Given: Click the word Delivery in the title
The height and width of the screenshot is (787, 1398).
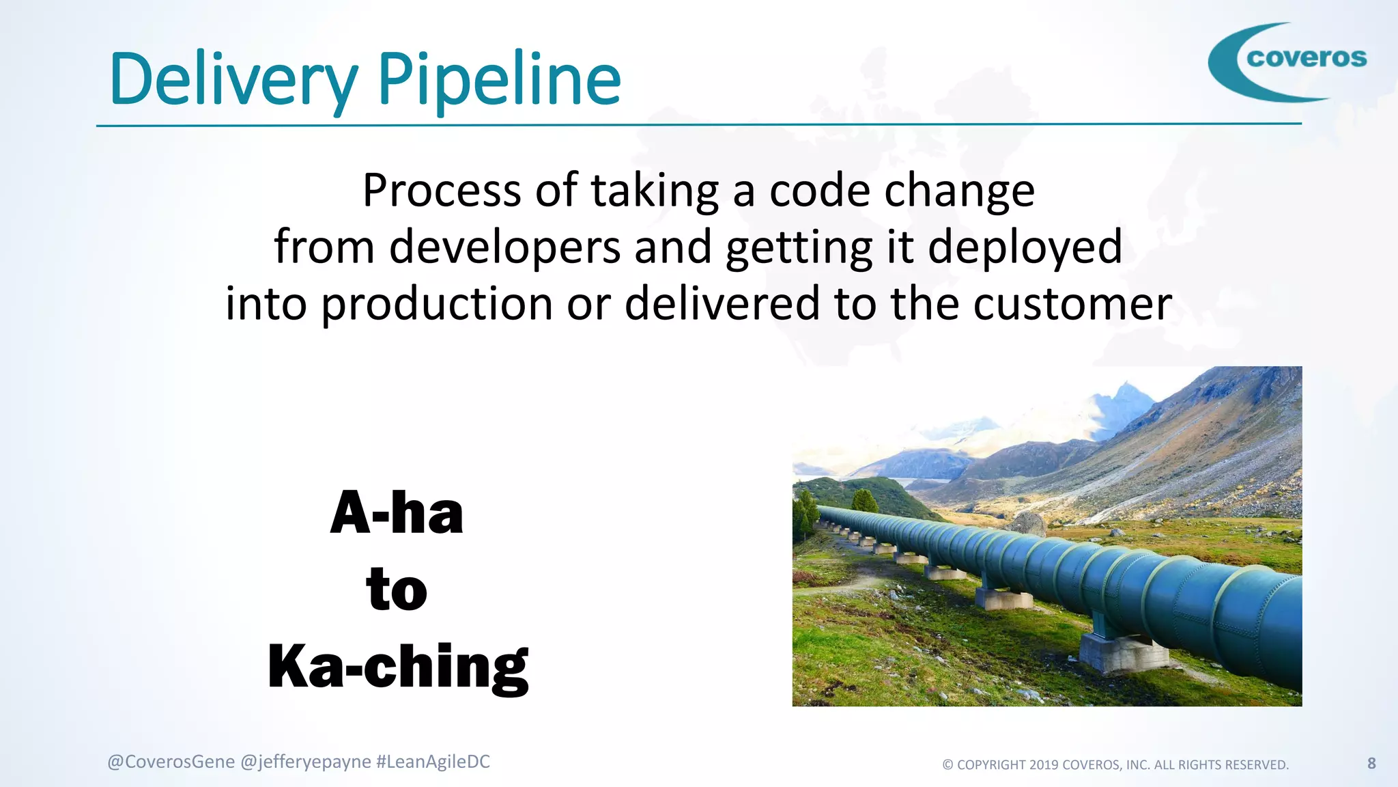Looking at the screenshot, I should [x=232, y=81].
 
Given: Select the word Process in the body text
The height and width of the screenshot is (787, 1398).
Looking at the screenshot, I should [x=442, y=191].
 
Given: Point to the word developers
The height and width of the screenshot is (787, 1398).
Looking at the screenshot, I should [x=504, y=247].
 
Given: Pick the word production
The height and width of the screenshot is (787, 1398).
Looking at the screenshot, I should [x=437, y=304].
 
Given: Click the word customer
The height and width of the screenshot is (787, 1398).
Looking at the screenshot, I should [x=1072, y=304].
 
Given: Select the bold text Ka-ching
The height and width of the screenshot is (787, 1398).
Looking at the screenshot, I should [x=398, y=667].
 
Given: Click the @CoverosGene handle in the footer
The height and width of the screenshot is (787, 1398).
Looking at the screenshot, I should [x=171, y=762].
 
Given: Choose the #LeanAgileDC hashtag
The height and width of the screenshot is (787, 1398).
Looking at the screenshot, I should [x=433, y=762].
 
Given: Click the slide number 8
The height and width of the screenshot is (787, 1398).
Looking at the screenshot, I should [x=1371, y=763].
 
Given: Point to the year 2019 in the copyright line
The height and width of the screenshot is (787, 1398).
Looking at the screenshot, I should [x=1044, y=765].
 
